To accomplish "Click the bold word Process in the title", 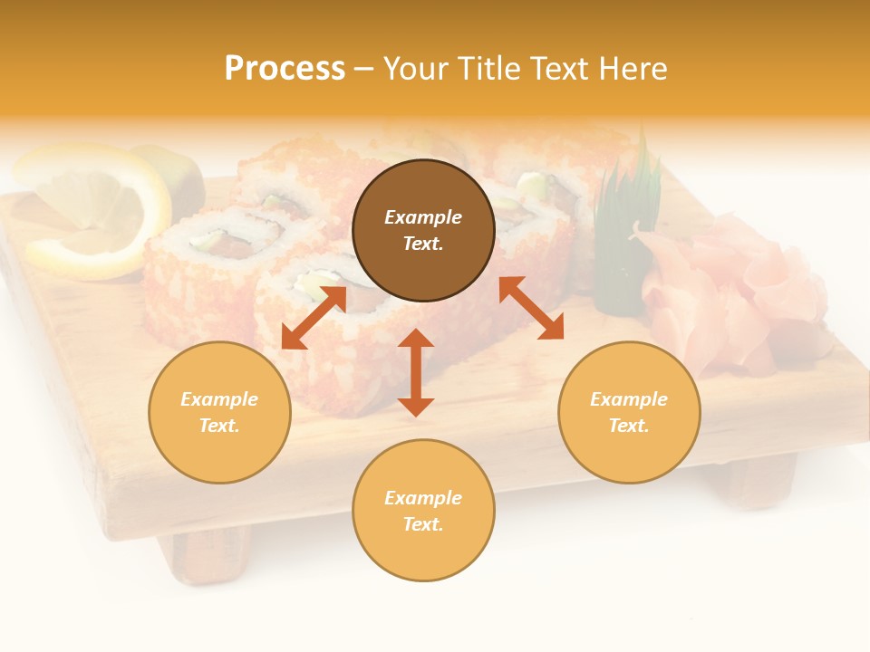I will pos(285,69).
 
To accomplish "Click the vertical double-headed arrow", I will pos(416,372).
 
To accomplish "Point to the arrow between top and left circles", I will pos(314,317).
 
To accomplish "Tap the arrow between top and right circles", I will pos(531,308).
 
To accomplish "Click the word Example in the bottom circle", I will pos(423,498).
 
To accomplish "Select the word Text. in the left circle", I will pos(219,426).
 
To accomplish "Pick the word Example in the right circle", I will pos(629,399).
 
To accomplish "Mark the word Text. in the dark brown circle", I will pos(423,244).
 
